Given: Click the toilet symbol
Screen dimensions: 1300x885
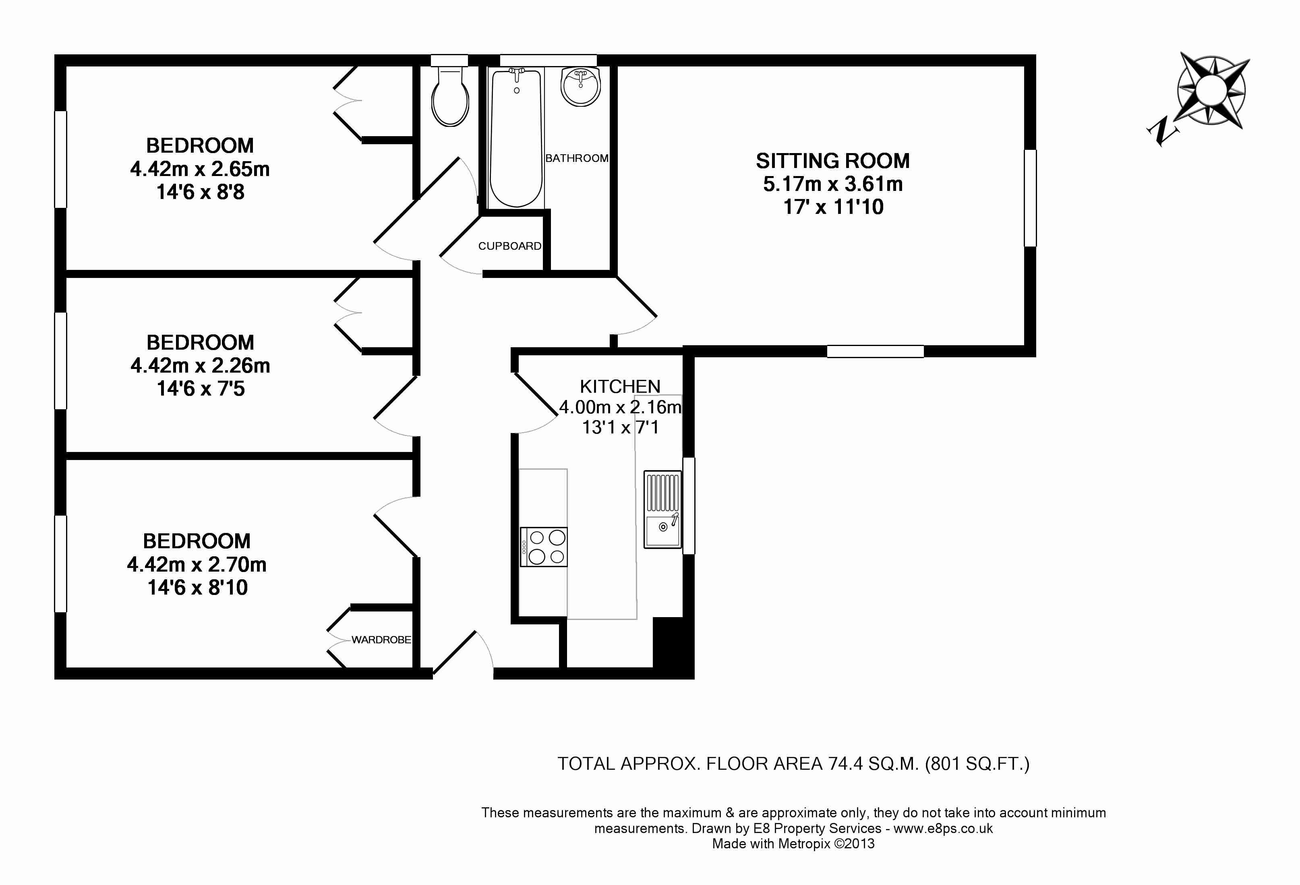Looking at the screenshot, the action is pyautogui.click(x=450, y=95).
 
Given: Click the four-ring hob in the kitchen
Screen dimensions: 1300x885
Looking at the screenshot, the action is pyautogui.click(x=544, y=547).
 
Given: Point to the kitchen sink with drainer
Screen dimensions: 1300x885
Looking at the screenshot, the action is pyautogui.click(x=662, y=510).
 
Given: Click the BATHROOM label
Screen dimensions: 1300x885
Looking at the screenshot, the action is pyautogui.click(x=577, y=158).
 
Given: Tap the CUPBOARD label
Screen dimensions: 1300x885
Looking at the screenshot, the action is pyautogui.click(x=509, y=246).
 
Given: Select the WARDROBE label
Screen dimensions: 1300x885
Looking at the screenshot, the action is pyautogui.click(x=381, y=639).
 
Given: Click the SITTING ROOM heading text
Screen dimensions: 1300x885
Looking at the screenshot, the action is pyautogui.click(x=833, y=161).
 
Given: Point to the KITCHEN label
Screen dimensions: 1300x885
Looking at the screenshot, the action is pyautogui.click(x=620, y=387).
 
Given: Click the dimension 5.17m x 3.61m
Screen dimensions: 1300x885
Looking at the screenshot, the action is pyautogui.click(x=833, y=184).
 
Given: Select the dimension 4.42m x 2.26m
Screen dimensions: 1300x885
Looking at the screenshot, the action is pyautogui.click(x=200, y=366).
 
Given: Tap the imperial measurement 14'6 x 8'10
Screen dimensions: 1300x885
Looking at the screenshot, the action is pyautogui.click(x=197, y=587).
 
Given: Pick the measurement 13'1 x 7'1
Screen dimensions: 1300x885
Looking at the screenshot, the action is pyautogui.click(x=620, y=427).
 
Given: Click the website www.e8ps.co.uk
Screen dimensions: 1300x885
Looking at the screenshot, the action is pyautogui.click(x=943, y=829).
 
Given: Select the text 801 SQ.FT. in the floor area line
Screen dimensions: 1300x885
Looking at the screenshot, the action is pyautogui.click(x=976, y=764).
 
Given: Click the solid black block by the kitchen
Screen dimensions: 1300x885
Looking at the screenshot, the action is pyautogui.click(x=673, y=648).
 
